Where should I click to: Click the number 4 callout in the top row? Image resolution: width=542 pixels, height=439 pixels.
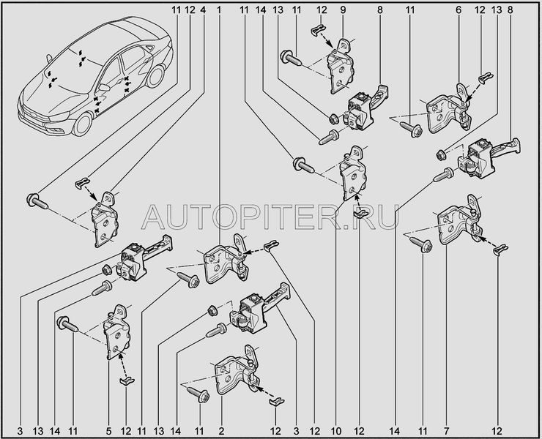[x=203, y=10]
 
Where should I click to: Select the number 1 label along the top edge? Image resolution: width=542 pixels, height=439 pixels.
[x=219, y=10]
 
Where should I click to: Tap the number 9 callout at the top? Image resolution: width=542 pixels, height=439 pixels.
[x=343, y=10]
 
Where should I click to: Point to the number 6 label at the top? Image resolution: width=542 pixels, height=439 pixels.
[x=459, y=10]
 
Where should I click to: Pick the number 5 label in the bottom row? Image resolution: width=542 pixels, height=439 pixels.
[x=108, y=431]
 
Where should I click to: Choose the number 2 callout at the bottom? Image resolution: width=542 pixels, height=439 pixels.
[x=221, y=431]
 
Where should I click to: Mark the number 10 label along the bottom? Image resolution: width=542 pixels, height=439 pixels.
[x=336, y=431]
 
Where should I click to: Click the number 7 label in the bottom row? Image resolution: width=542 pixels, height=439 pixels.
[x=446, y=431]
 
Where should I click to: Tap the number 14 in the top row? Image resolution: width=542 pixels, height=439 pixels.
[x=261, y=10]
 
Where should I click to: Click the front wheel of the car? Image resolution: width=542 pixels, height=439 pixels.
[x=83, y=124]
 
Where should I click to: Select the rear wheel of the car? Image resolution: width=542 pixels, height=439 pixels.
[x=155, y=76]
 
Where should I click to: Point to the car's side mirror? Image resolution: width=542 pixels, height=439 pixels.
[x=104, y=86]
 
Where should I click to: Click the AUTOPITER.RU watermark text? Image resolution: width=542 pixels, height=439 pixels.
[x=270, y=217]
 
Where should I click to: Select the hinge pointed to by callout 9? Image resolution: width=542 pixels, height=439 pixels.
[x=341, y=67]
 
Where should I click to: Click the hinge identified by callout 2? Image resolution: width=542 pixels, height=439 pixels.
[x=238, y=370]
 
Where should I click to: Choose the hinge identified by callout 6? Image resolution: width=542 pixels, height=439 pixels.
[x=450, y=109]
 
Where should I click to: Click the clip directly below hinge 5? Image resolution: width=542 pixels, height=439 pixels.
[x=127, y=380]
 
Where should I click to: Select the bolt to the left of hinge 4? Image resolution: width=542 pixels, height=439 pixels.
[x=37, y=201]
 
